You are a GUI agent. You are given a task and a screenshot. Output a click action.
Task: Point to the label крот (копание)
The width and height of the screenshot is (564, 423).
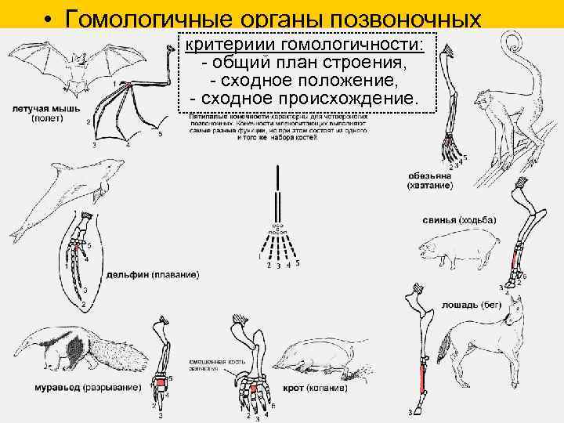click(328, 387)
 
